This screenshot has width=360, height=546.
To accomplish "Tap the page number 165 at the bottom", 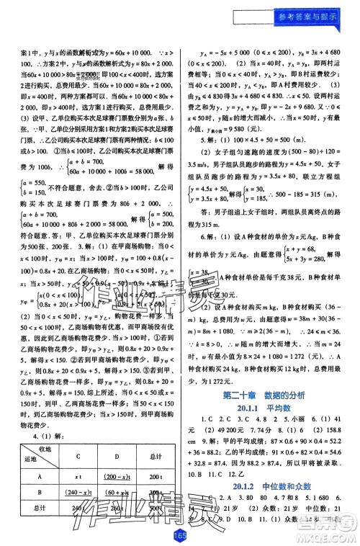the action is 179,535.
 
